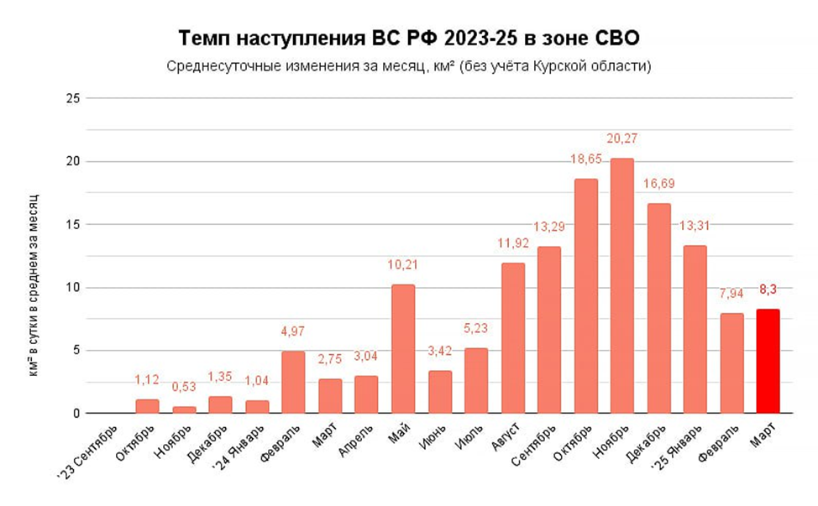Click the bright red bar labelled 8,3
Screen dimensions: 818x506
768,361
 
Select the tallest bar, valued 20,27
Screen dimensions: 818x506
621,285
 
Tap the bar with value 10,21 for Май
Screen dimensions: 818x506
403,348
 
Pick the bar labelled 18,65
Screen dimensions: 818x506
586,296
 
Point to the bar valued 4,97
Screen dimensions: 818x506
293,382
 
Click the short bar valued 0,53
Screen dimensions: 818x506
184,409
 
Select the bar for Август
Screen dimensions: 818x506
513,338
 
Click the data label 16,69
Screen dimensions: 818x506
659,184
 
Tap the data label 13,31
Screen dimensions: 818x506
695,226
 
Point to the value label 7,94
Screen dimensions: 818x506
731,294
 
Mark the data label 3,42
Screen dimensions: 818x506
440,351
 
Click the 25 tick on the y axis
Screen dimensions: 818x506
73,98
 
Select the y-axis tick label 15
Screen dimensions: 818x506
73,225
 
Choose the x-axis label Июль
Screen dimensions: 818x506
469,437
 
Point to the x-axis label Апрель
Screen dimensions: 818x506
356,441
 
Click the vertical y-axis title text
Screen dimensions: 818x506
34,285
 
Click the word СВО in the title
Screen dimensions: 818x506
617,38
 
